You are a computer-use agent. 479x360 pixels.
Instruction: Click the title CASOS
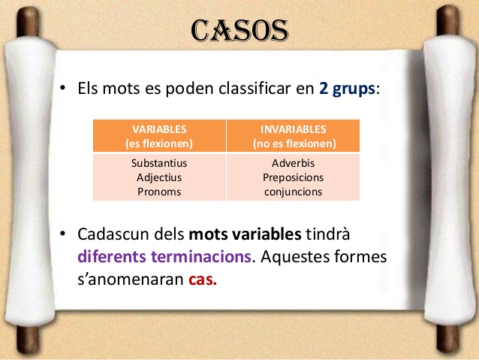coord(239,30)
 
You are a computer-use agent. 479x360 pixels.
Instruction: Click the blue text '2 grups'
coord(347,89)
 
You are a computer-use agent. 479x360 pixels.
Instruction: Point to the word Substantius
coord(159,163)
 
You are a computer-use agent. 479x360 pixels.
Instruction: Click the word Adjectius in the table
coord(159,177)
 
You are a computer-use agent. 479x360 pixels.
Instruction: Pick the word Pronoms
coord(159,192)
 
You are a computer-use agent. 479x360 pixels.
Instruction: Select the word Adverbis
coord(294,163)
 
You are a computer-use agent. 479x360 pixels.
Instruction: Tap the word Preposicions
coord(294,177)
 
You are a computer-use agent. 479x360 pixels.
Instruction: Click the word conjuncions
coord(294,192)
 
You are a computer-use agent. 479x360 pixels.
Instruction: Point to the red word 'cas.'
coord(203,280)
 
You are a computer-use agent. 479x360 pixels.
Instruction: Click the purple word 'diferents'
coord(112,256)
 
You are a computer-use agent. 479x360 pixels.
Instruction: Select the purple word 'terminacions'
coord(201,256)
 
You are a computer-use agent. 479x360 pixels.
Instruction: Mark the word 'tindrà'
coord(328,234)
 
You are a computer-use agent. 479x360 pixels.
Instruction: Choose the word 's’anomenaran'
coord(131,280)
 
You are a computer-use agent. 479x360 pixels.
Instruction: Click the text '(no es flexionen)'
coord(294,144)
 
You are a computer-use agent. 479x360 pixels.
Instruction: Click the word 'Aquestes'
coord(295,257)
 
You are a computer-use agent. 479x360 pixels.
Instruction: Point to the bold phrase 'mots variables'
coord(246,234)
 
